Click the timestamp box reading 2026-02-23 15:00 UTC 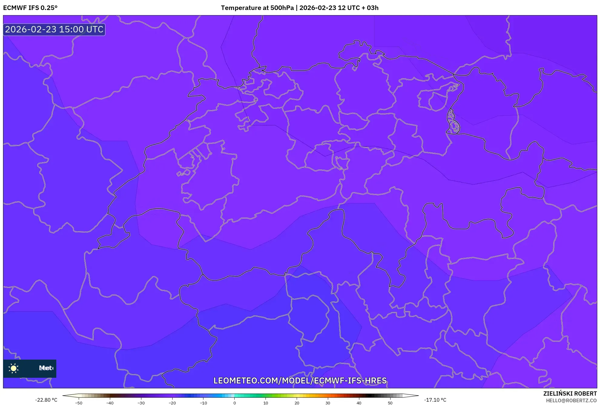pyautogui.click(x=54, y=29)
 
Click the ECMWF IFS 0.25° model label pyautogui.click(x=30, y=8)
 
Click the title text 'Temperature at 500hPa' pyautogui.click(x=257, y=8)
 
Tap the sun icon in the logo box pyautogui.click(x=14, y=368)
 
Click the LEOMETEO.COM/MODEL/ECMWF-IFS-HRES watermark pyautogui.click(x=300, y=380)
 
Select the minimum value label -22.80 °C pyautogui.click(x=46, y=400)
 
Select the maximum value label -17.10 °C pyautogui.click(x=435, y=400)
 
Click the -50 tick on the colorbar pyautogui.click(x=79, y=403)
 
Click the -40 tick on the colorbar pyautogui.click(x=110, y=403)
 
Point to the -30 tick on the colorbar pyautogui.click(x=141, y=403)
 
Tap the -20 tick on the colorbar pyautogui.click(x=172, y=403)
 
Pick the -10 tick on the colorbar pyautogui.click(x=203, y=403)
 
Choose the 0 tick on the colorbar pyautogui.click(x=235, y=403)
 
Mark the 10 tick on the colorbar pyautogui.click(x=266, y=403)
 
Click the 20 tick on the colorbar pyautogui.click(x=297, y=403)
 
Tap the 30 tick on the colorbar pyautogui.click(x=328, y=403)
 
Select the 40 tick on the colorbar pyautogui.click(x=359, y=403)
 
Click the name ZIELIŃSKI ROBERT pyautogui.click(x=570, y=393)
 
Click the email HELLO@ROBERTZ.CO pyautogui.click(x=571, y=400)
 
